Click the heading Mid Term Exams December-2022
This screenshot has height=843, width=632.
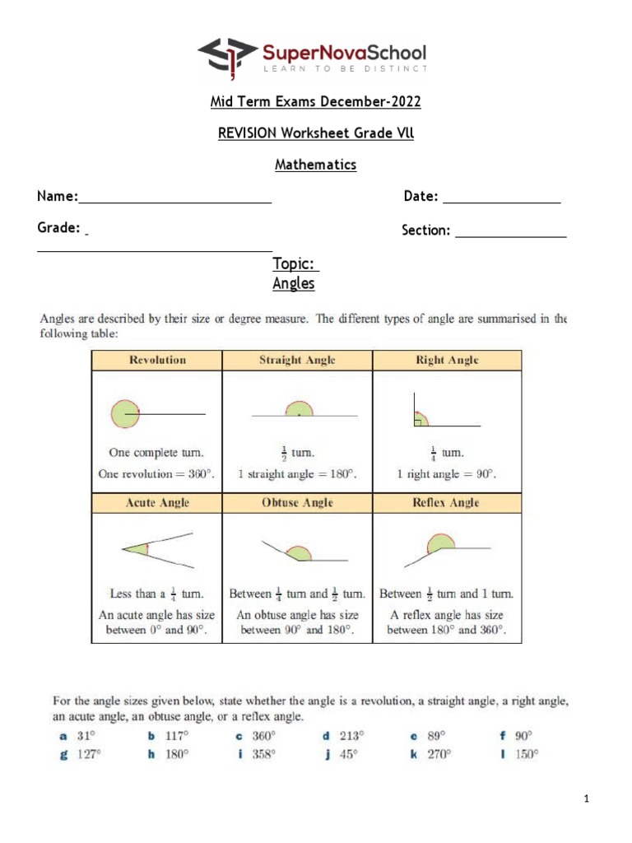tap(316, 102)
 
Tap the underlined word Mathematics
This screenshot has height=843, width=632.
tap(316, 165)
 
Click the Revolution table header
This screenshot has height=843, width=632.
tap(157, 361)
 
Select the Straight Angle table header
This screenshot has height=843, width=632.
tap(297, 361)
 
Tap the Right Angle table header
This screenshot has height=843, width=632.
tap(447, 361)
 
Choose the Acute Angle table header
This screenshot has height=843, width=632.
tap(157, 503)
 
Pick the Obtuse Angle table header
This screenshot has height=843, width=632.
tap(297, 503)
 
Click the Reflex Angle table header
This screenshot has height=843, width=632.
tap(447, 503)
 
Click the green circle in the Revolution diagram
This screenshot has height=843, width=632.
tap(125, 413)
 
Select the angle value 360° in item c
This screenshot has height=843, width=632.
tap(263, 736)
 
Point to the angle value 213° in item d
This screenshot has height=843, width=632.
tap(351, 736)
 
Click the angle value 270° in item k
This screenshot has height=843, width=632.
tap(439, 754)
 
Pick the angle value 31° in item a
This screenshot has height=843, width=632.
tap(86, 736)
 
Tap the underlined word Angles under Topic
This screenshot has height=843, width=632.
tap(294, 284)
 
